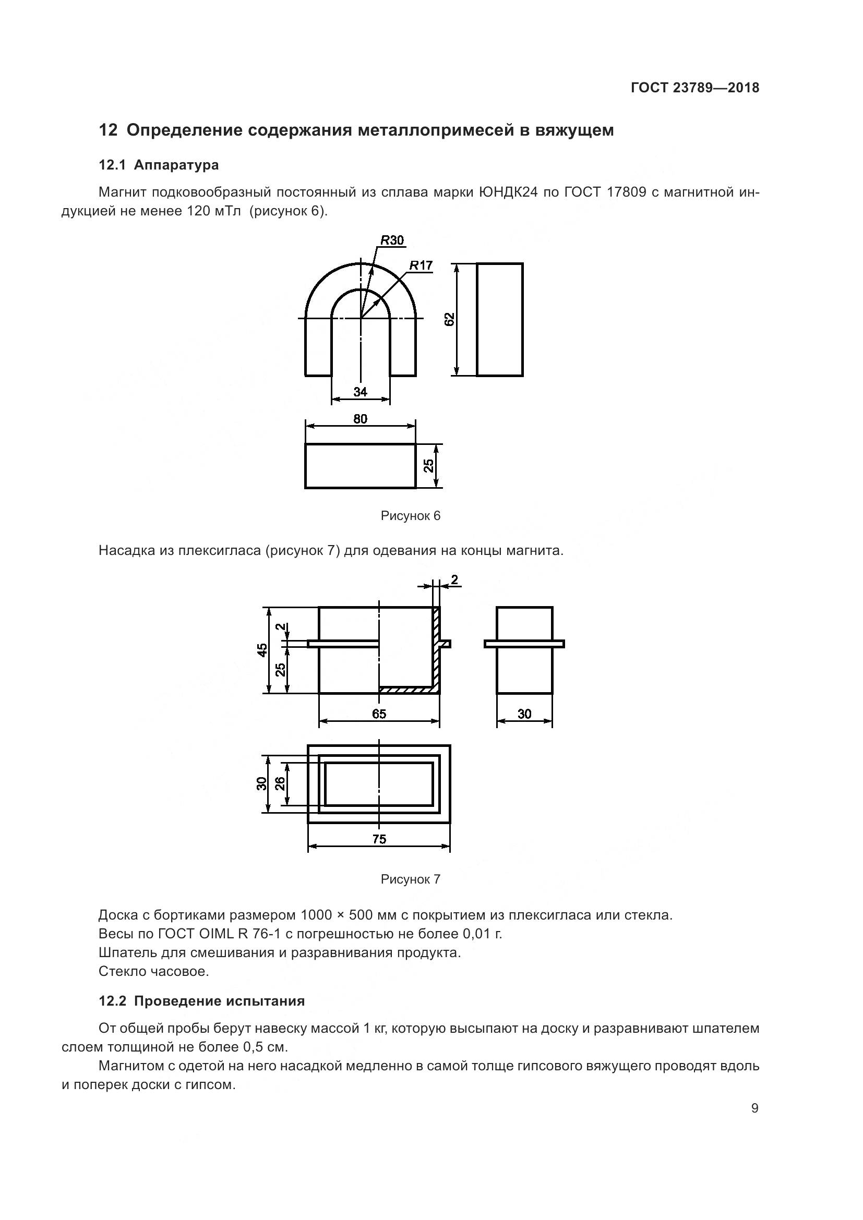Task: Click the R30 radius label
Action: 392,240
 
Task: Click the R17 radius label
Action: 421,265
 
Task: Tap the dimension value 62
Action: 450,319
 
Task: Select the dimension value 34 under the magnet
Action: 361,392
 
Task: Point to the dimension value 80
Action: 361,419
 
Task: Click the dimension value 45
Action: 262,650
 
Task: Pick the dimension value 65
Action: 379,714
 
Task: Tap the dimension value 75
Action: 379,839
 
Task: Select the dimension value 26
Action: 280,783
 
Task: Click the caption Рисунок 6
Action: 410,515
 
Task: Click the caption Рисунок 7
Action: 410,879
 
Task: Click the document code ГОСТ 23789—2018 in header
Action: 695,88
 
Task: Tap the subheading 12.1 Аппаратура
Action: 159,165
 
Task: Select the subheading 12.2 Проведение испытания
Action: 202,1001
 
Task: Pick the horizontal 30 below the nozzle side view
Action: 524,714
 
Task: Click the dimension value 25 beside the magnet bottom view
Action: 429,465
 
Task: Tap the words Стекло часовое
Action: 153,971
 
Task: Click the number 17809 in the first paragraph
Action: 626,192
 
